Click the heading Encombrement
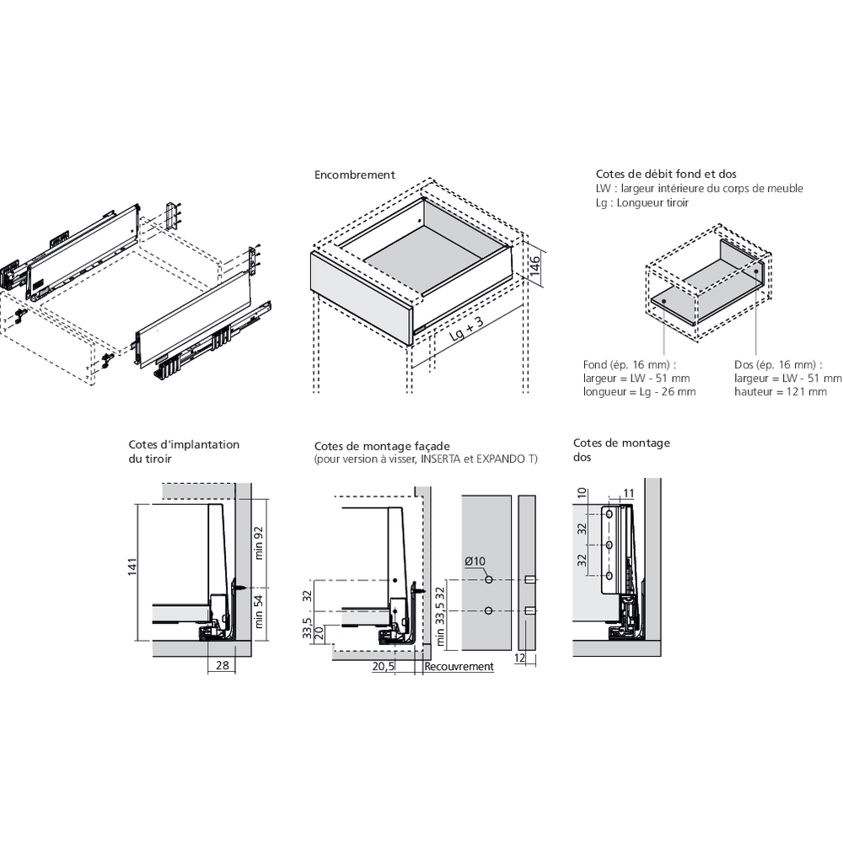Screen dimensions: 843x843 pos(354,175)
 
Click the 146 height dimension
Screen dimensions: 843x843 pos(534,269)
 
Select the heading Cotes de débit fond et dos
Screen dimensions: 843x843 pos(654,175)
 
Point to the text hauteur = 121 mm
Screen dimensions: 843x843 pos(780,392)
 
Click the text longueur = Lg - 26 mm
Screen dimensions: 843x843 pos(639,392)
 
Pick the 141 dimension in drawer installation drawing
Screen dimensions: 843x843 pos(132,570)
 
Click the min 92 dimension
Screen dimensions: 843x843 pos(260,544)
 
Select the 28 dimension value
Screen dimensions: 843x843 pos(221,666)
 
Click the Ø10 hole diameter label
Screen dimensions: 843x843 pos(475,562)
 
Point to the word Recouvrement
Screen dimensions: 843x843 pos(459,667)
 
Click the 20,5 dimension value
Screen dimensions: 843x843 pos(384,667)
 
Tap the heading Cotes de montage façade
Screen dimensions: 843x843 pos(382,446)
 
